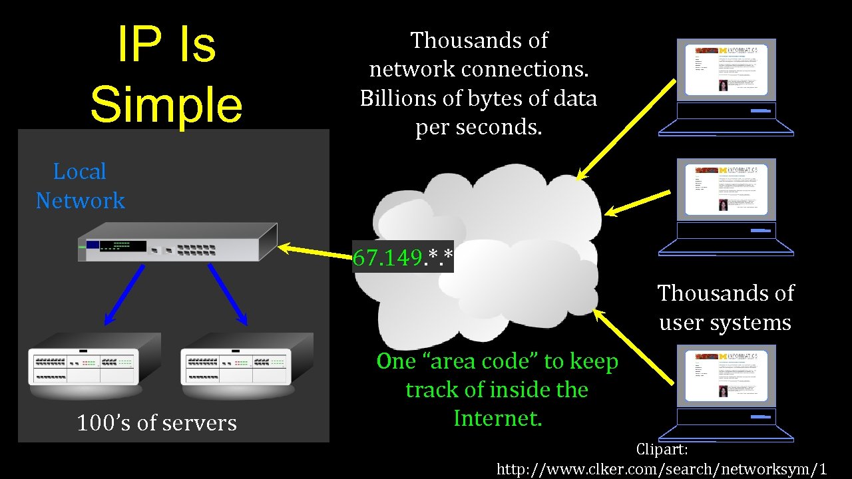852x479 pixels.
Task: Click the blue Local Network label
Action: point(81,186)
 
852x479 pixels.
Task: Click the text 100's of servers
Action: point(157,423)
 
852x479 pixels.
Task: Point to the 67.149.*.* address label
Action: point(403,257)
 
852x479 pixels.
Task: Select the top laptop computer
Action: point(726,86)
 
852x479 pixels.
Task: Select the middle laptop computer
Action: point(726,206)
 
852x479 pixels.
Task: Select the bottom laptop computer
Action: point(726,393)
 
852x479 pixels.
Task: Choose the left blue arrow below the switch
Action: point(124,293)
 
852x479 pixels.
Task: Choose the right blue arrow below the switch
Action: point(228,293)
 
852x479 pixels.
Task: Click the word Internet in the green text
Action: point(497,418)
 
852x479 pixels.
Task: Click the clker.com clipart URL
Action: point(662,468)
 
